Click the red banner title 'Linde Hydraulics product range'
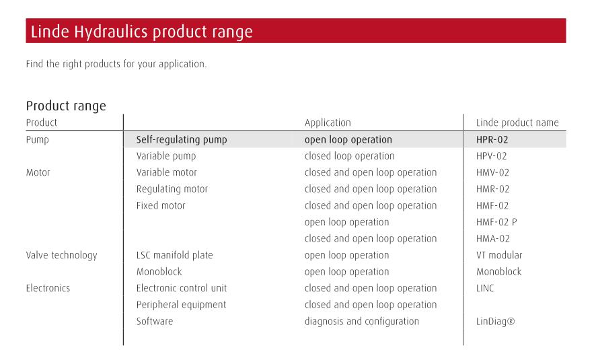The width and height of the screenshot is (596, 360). (x=141, y=32)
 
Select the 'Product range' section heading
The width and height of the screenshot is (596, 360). (x=66, y=105)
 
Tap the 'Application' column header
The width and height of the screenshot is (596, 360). (x=328, y=122)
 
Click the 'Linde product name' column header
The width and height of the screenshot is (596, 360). (x=517, y=122)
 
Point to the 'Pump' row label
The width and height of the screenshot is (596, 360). (x=37, y=139)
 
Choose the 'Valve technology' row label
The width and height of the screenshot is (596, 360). (x=62, y=255)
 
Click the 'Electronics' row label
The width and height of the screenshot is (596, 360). (x=48, y=288)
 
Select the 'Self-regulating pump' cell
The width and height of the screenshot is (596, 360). (x=182, y=139)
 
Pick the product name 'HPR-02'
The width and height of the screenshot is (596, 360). (x=492, y=139)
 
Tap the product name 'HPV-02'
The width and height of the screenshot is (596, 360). (x=492, y=156)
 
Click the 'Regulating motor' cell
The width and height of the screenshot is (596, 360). (x=172, y=189)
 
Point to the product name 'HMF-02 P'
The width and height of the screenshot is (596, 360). (x=496, y=222)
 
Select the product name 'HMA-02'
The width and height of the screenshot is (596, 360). (x=492, y=239)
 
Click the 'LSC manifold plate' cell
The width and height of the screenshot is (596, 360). (x=174, y=255)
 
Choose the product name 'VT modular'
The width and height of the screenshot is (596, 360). (x=499, y=255)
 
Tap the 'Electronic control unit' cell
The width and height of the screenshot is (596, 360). (x=182, y=288)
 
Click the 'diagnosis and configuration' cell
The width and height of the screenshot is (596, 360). (x=361, y=322)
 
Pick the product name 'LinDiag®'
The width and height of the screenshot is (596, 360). (x=495, y=322)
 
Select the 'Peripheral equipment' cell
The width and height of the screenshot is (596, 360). (x=182, y=305)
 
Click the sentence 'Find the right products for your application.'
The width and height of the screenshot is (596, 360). (x=116, y=64)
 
